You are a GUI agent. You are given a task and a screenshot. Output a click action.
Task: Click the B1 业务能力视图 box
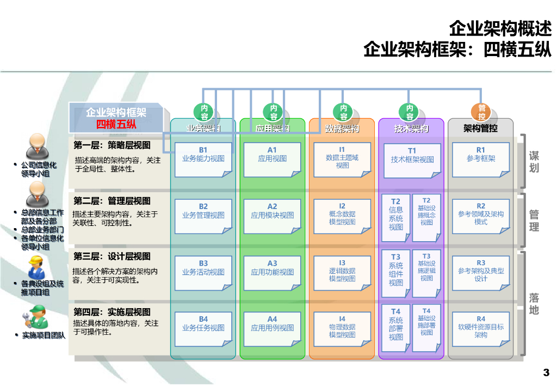203,159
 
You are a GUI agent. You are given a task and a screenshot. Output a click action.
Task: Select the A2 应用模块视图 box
272,216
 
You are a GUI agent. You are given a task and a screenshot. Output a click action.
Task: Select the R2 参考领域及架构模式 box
481,216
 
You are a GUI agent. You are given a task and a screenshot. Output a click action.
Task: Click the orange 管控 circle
481,112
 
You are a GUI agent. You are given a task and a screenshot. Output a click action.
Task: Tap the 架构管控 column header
481,129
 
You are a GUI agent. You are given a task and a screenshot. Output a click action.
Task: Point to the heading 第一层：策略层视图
112,145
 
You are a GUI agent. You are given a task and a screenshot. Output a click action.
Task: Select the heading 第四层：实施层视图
112,312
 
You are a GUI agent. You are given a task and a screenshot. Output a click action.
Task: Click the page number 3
546,373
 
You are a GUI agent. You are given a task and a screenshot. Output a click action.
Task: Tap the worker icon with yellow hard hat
36,267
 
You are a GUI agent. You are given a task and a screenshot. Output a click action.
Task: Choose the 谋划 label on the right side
534,162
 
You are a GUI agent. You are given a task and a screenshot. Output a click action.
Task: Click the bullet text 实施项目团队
44,335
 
